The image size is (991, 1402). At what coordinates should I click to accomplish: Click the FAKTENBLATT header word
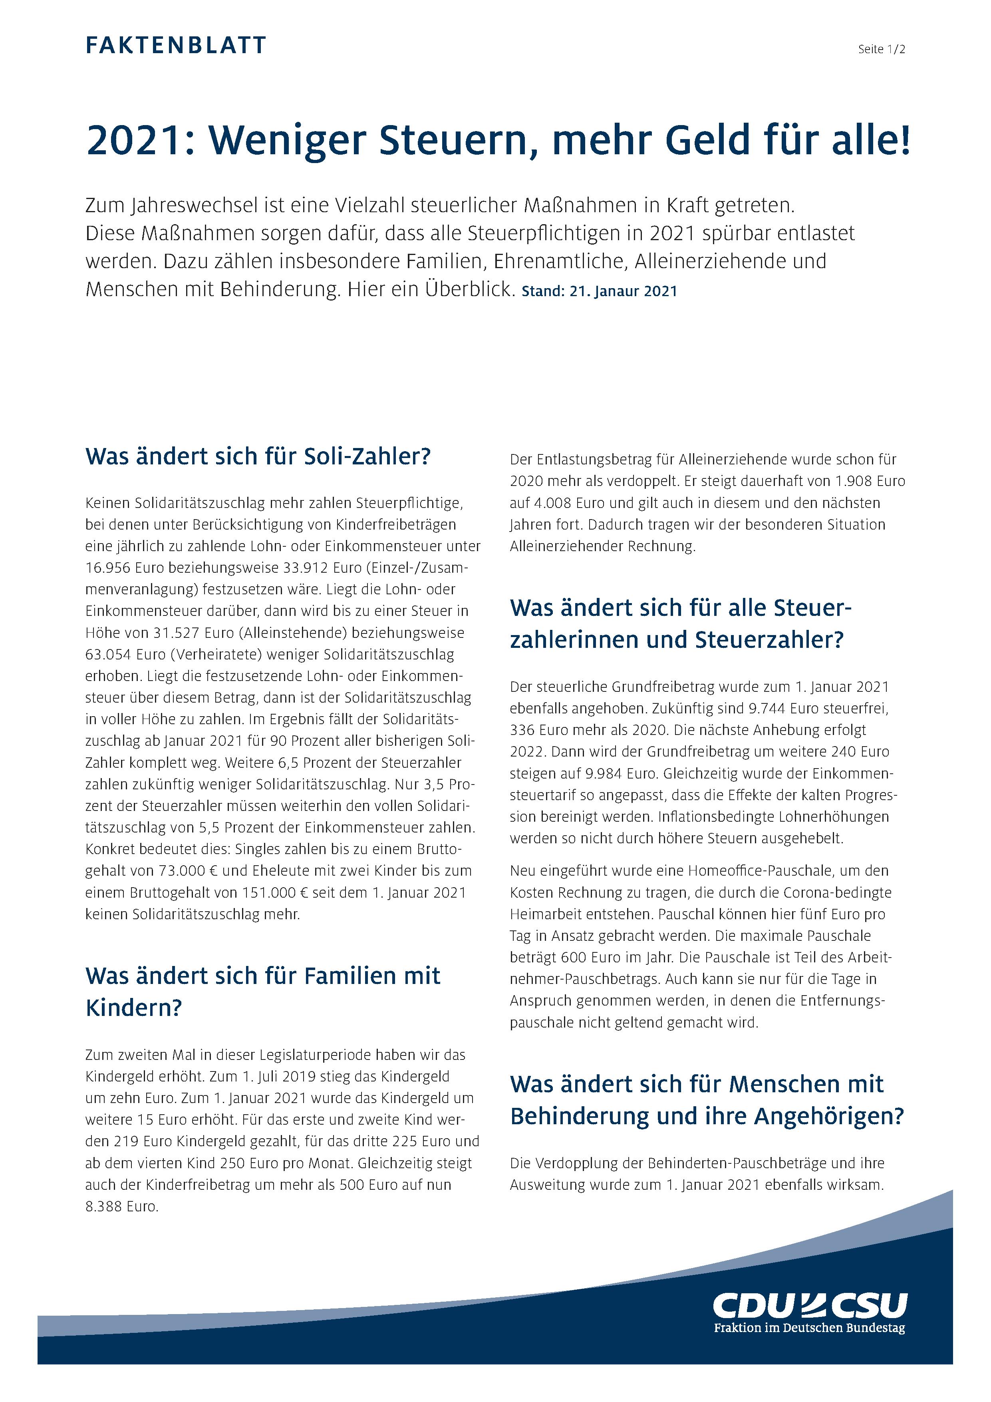[176, 46]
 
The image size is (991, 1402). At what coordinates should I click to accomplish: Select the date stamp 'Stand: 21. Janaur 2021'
[599, 291]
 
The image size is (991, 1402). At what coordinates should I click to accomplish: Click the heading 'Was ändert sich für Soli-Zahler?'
[258, 456]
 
